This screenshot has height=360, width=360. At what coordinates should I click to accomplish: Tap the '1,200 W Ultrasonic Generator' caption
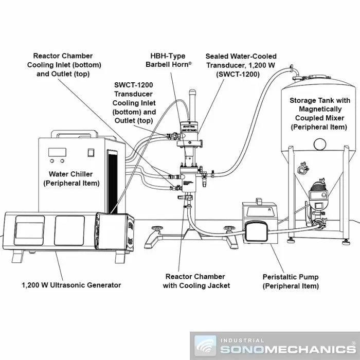[71, 285]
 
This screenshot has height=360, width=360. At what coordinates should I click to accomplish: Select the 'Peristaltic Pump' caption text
[291, 281]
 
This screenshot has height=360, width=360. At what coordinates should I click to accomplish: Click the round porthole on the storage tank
[320, 142]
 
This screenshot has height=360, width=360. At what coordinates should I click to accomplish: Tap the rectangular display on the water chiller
[56, 152]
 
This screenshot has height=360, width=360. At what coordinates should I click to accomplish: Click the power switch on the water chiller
[91, 152]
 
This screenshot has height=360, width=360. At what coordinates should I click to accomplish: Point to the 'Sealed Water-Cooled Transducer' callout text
[241, 65]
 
